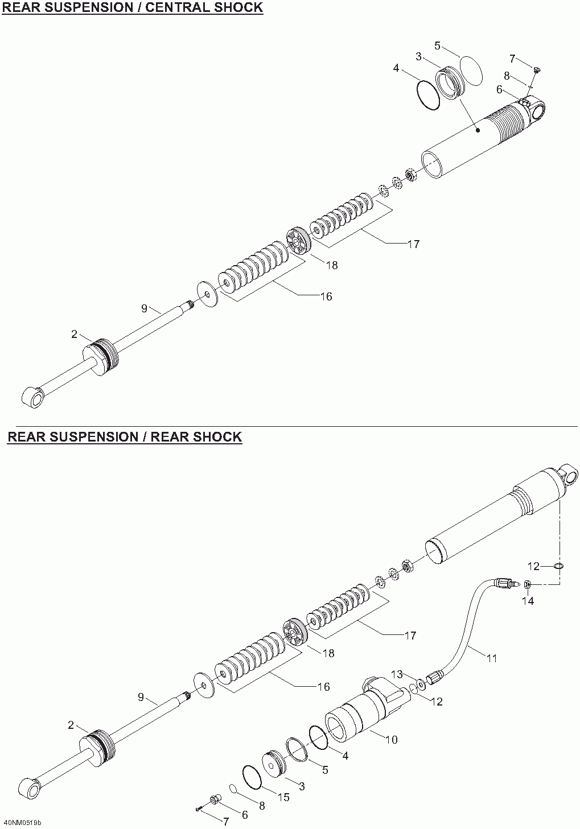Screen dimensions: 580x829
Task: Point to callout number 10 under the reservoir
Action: (x=391, y=740)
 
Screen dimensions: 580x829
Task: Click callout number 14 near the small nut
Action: (x=528, y=612)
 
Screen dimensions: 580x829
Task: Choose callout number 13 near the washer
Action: (x=397, y=674)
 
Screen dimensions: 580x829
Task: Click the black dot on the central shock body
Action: (x=478, y=130)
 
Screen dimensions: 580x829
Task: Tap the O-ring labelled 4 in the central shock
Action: (x=428, y=96)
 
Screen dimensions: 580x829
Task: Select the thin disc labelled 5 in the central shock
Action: (x=471, y=71)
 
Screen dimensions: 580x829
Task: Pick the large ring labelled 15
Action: (x=252, y=777)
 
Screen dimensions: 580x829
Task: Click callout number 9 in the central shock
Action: (x=145, y=308)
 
